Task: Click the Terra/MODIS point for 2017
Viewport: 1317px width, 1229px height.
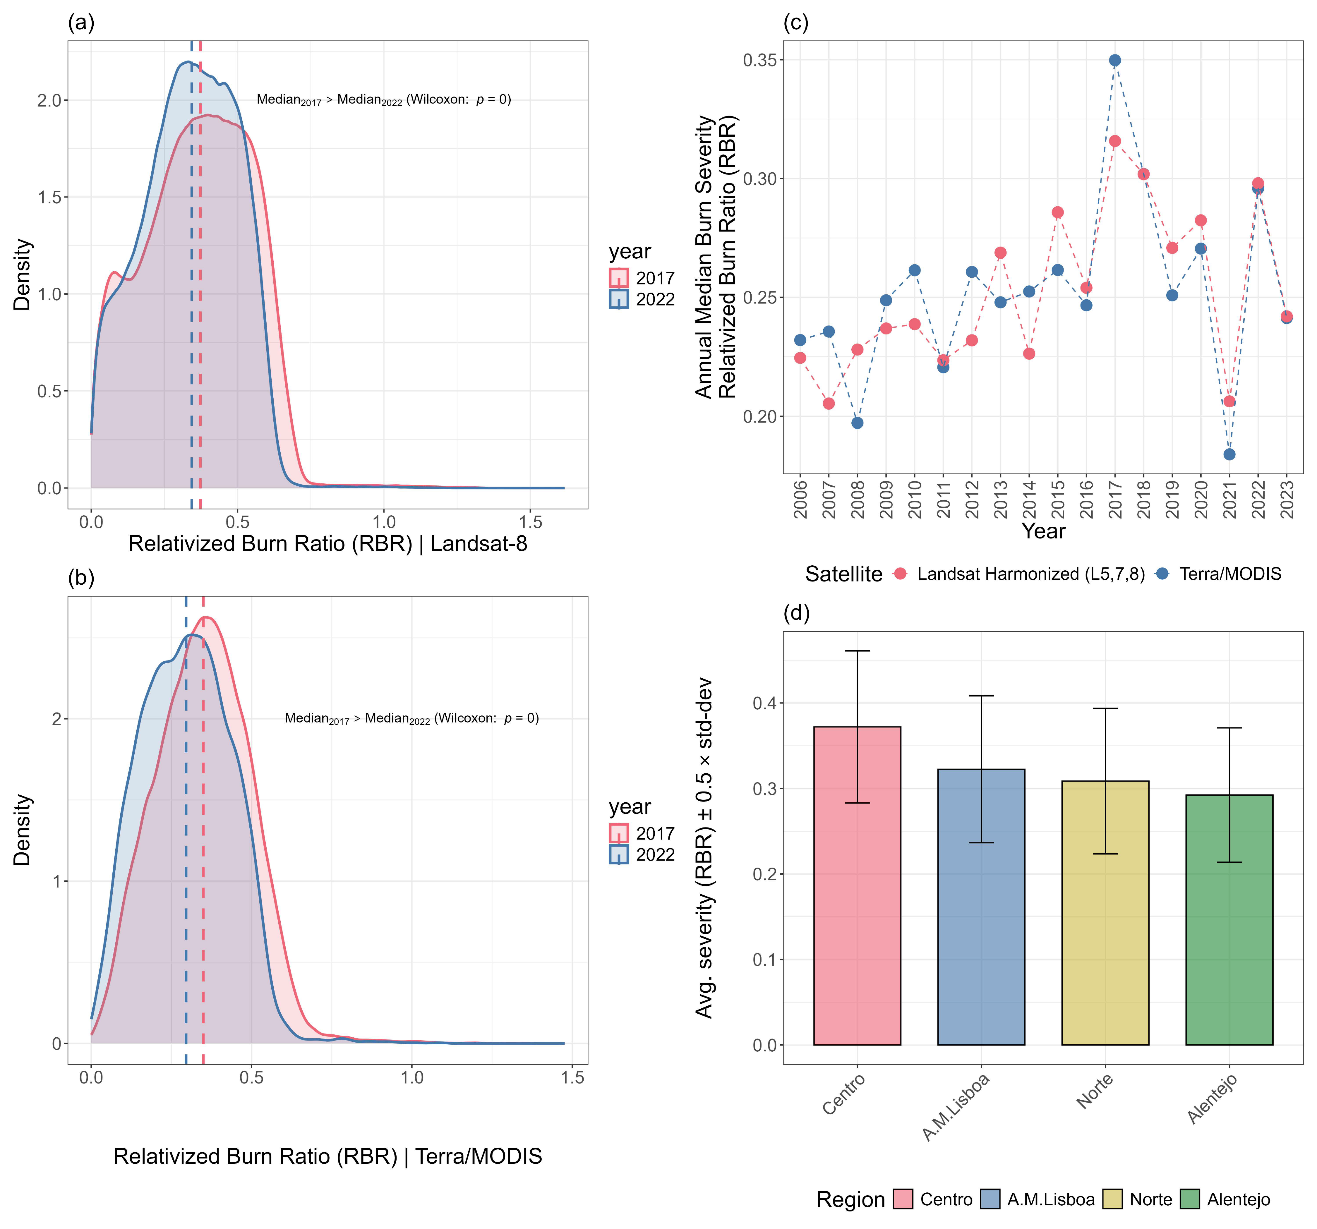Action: (1115, 60)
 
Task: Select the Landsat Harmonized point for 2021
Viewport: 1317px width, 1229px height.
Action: (1229, 401)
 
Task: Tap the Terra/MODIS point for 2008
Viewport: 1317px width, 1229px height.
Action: (857, 423)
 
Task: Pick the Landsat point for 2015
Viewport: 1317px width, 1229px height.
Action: (1058, 212)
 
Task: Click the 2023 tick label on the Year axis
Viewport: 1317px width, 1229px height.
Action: (1287, 500)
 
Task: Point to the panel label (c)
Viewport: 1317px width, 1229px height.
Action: (796, 23)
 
